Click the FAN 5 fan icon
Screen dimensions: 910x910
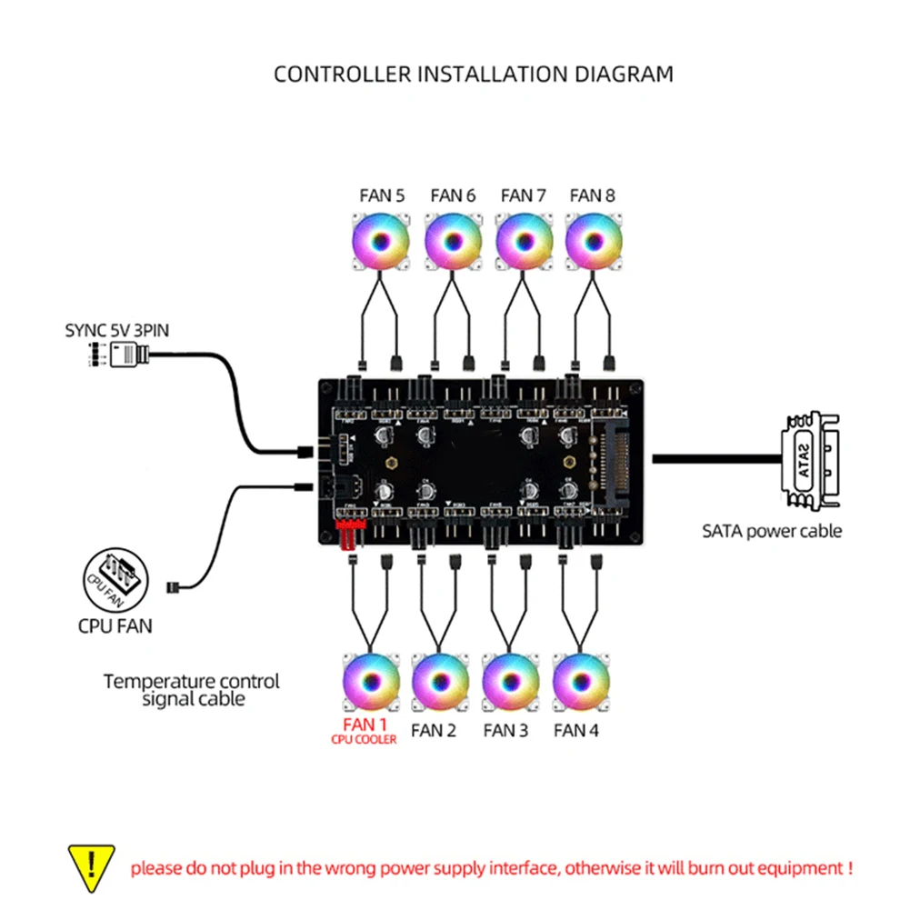coord(381,243)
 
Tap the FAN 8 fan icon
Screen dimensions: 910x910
coord(593,243)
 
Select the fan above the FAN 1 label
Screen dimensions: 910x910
coord(370,682)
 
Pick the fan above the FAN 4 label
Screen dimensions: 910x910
coord(581,682)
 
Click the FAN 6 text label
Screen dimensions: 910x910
coord(453,195)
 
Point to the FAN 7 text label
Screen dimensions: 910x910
coord(523,195)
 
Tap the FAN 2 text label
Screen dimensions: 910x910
coord(434,730)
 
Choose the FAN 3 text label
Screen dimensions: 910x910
coord(505,730)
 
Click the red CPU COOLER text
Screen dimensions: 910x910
coord(364,740)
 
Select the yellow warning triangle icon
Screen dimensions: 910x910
coord(92,866)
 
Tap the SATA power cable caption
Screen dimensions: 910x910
coord(772,531)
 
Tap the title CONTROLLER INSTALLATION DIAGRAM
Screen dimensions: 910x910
coord(474,74)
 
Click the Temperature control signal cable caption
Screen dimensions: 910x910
coord(192,690)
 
